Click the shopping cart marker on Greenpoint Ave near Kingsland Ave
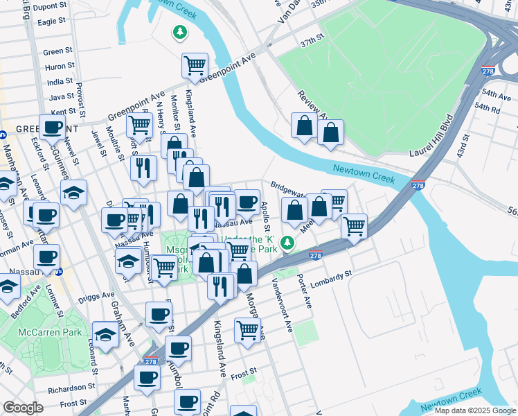click(x=195, y=65)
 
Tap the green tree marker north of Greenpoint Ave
click(x=179, y=32)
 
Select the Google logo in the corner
click(x=23, y=408)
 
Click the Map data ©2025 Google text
click(x=475, y=410)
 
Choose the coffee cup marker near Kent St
click(x=52, y=127)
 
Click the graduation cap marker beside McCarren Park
click(x=105, y=334)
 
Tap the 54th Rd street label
click(x=487, y=109)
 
